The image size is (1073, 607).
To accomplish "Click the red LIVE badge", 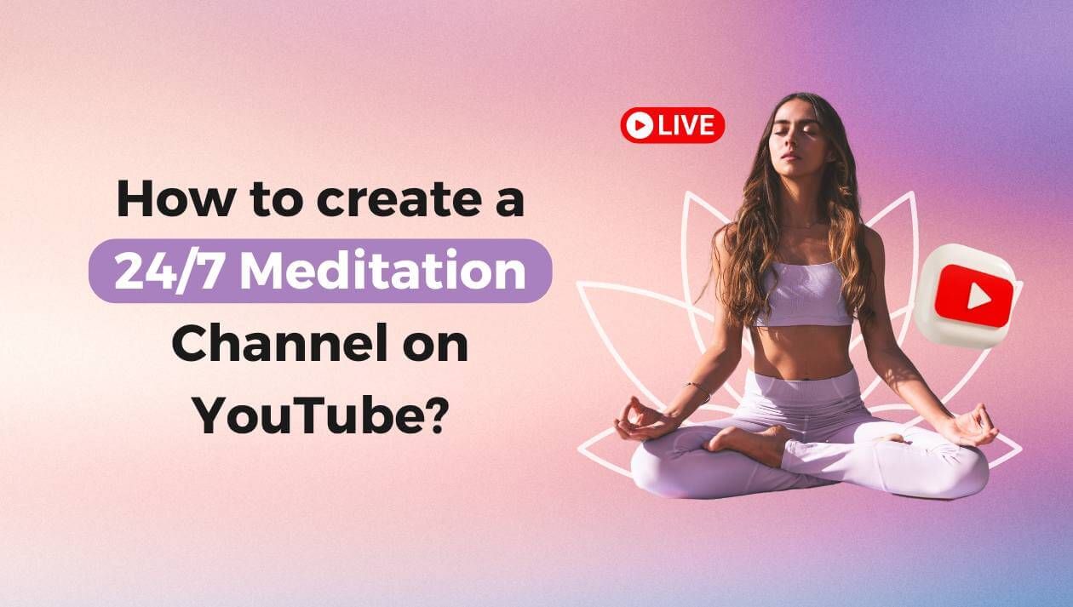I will click(672, 125).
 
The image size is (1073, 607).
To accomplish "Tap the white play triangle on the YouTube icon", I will click(978, 295).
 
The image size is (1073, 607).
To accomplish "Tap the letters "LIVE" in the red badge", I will click(685, 126).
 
